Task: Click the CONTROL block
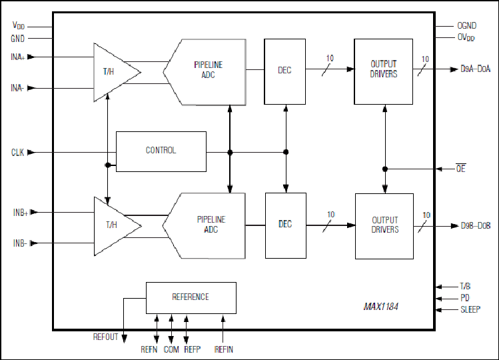point(161,151)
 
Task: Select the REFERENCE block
point(191,298)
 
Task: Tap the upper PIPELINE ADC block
point(205,72)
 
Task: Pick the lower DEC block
point(286,225)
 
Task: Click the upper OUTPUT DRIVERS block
point(384,72)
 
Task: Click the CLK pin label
point(17,153)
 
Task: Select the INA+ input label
point(17,57)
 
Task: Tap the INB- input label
point(20,243)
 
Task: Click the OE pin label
point(461,168)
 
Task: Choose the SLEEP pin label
point(470,309)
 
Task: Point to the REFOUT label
point(105,337)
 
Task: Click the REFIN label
point(224,349)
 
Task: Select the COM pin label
point(171,349)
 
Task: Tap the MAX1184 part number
point(381,307)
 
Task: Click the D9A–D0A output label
point(476,69)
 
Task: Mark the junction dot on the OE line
point(385,169)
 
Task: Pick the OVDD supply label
point(466,37)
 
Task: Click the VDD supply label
point(19,25)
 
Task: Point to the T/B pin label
point(465,286)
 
